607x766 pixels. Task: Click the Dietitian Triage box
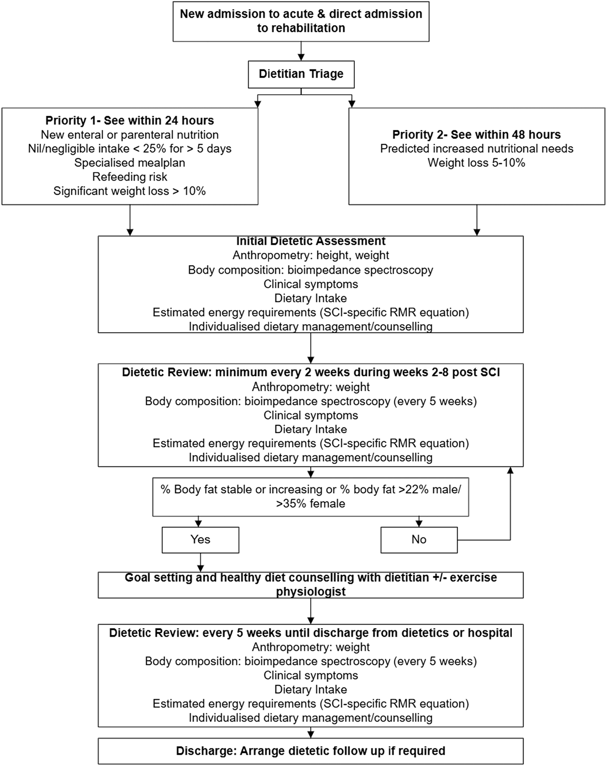[301, 74]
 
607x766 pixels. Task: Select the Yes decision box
[200, 539]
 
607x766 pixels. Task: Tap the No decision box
[419, 539]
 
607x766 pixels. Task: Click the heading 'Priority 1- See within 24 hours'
[129, 121]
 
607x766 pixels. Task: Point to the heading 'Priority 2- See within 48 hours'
[476, 134]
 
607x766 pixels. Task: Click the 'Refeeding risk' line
[129, 177]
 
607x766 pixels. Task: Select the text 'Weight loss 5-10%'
[476, 163]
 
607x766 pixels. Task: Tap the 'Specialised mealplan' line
[129, 163]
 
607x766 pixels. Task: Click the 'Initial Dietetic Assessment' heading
[310, 241]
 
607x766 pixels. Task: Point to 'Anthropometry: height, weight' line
[310, 255]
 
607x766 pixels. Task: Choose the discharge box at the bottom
[310, 751]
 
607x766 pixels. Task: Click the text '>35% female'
[310, 504]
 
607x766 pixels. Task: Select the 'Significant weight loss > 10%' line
[129, 191]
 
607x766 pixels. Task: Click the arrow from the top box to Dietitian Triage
[301, 51]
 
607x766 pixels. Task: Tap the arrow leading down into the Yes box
[198, 522]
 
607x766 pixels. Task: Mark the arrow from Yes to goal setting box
[200, 562]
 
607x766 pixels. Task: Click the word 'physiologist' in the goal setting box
[310, 592]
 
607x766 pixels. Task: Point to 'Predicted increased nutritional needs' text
[476, 149]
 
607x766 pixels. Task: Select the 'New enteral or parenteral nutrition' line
[129, 135]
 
